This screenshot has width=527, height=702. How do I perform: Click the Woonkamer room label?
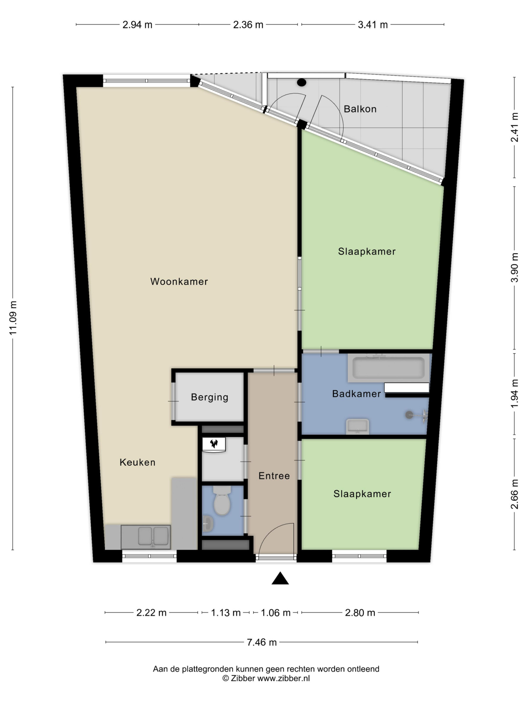coord(179,281)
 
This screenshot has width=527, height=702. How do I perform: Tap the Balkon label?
coord(360,109)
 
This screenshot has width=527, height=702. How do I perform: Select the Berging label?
coord(210,397)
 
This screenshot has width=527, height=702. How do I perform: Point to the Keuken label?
coord(138,462)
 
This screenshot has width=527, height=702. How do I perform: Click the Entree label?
coord(274,476)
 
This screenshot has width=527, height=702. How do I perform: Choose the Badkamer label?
coord(357,394)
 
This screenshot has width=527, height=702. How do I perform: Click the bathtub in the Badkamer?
coord(388,368)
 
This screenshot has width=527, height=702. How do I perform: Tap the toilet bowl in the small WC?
coord(222,501)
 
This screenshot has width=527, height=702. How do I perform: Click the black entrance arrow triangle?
coord(280,579)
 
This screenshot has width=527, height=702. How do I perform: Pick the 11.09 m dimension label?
coord(13,318)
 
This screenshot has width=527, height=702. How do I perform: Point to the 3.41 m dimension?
coord(373,25)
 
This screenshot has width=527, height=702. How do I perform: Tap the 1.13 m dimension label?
coord(226,613)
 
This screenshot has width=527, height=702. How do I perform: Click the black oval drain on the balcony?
coord(301,82)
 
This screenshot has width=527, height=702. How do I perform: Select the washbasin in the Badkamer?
coord(357,426)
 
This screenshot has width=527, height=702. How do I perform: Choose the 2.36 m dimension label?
coord(248,25)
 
